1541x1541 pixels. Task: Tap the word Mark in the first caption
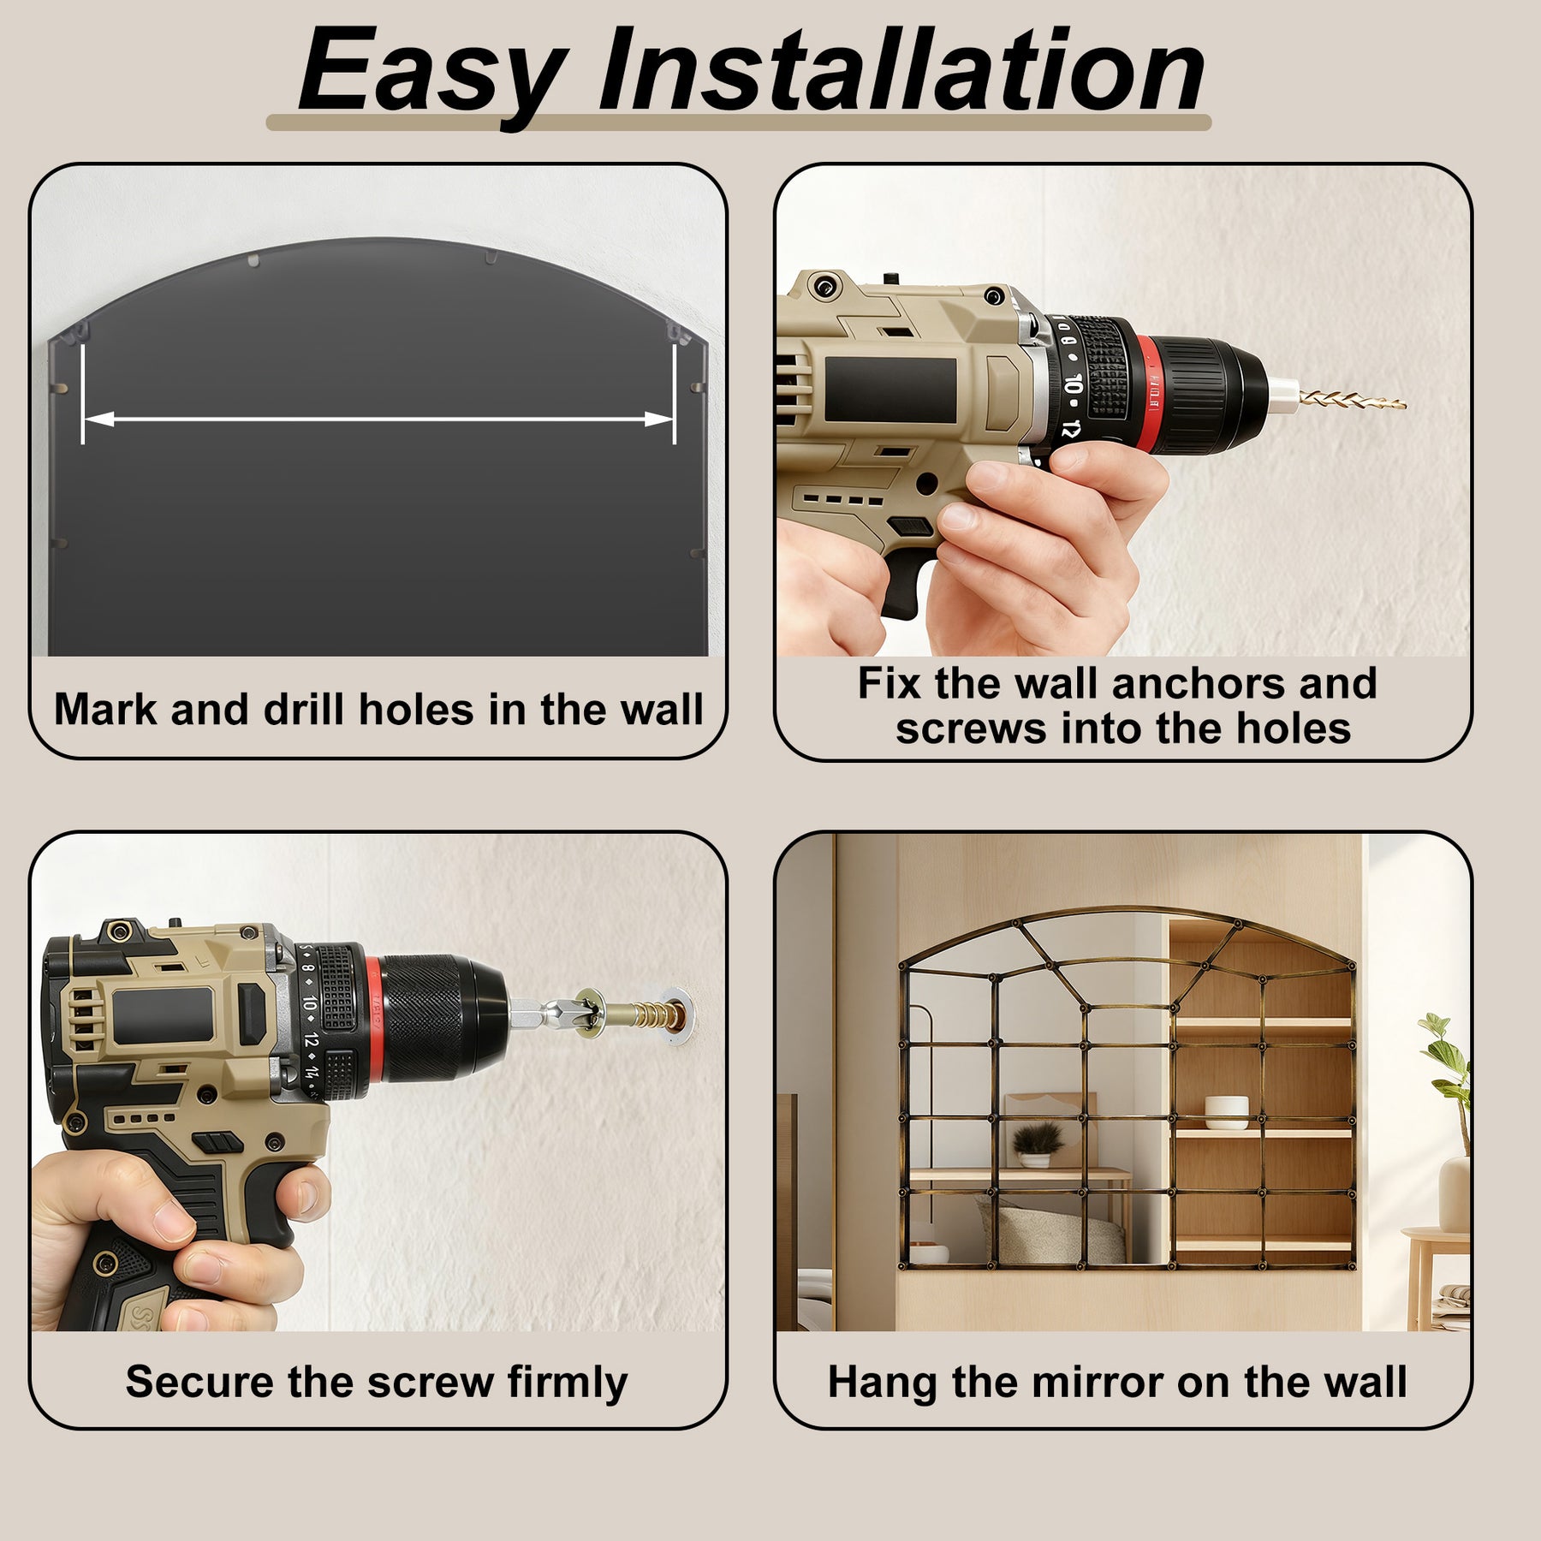click(x=105, y=709)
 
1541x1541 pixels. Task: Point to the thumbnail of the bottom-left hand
click(x=170, y=1216)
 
